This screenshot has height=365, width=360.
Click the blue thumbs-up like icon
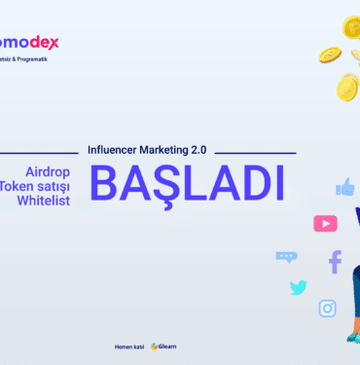[x=344, y=187]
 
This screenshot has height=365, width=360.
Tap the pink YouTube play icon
[x=325, y=224]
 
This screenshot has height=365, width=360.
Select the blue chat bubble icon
[x=286, y=257]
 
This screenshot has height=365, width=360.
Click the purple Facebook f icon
[x=335, y=261]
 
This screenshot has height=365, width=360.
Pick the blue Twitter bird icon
[x=298, y=287]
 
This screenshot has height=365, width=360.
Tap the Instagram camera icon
[x=328, y=309]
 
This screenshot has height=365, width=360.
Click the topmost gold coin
[x=352, y=26]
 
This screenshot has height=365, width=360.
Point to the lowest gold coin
[x=347, y=88]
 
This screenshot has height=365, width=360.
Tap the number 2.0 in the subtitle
[x=200, y=152]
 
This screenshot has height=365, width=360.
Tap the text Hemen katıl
[x=129, y=346]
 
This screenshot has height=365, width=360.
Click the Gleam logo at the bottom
[x=163, y=346]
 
